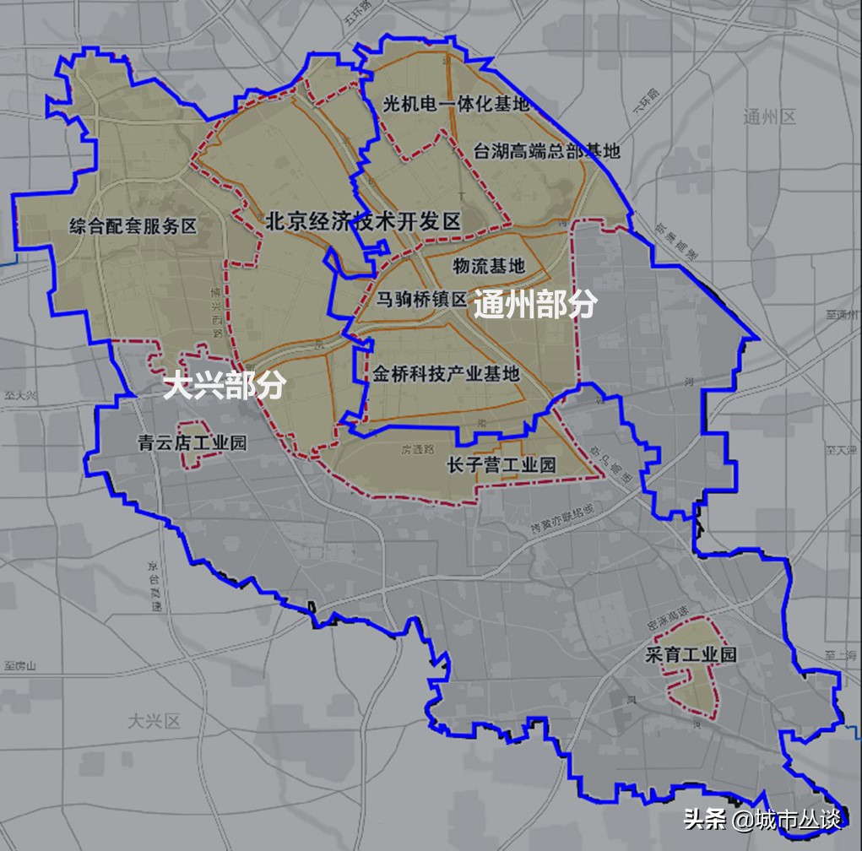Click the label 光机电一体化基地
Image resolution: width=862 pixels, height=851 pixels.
(456, 104)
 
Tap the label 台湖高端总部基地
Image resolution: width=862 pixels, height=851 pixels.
(546, 151)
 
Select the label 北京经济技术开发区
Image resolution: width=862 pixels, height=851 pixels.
(363, 222)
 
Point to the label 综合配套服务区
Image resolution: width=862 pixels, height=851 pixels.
(133, 225)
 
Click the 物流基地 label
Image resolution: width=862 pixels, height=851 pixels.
(488, 267)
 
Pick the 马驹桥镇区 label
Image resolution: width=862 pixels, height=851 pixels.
(421, 300)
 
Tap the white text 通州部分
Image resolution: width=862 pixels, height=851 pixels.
(534, 305)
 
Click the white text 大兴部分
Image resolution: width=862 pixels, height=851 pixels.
(224, 386)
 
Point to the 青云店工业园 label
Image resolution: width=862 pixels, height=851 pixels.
(192, 442)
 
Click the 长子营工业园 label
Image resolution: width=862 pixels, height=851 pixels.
(501, 465)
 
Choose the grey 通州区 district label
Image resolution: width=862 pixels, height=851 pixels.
(770, 117)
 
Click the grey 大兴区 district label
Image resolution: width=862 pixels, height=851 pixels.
(155, 721)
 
